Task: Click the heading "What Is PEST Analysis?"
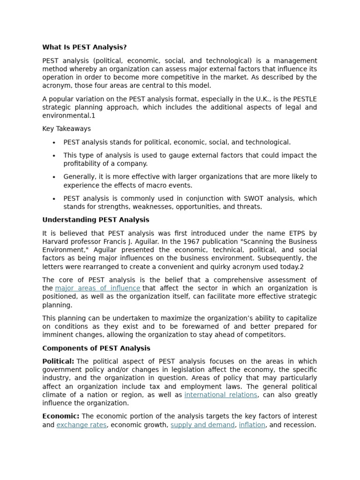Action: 84,47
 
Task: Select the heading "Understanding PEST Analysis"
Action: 96,219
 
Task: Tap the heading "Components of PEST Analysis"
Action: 96,348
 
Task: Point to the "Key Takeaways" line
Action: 67,128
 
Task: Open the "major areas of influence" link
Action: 97,288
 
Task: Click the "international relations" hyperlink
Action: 221,395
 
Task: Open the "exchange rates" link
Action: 82,425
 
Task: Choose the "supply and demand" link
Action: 202,425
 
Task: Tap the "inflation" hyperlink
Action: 252,425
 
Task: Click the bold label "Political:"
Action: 58,361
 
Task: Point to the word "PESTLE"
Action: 304,99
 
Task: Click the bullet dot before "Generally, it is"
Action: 54,177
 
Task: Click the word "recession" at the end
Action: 299,425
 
